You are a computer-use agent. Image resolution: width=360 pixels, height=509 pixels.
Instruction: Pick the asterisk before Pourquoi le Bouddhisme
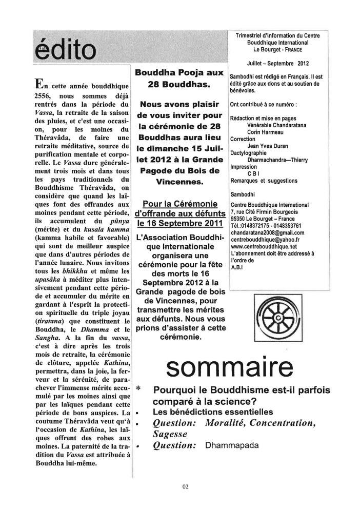click(139, 388)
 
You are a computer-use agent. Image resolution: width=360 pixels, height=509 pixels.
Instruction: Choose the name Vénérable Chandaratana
click(278, 125)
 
